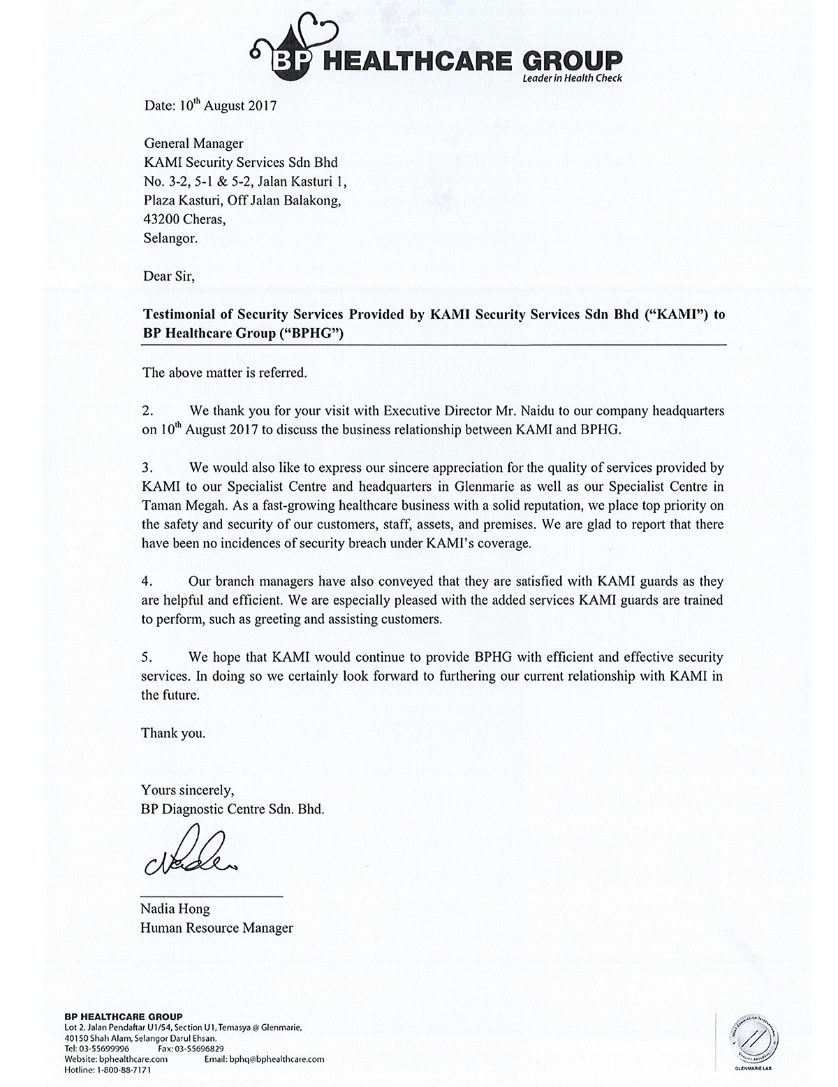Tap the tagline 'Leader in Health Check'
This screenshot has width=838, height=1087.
pos(572,78)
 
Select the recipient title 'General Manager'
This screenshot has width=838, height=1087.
pos(193,144)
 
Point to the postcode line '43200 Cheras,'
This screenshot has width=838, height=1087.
pos(184,219)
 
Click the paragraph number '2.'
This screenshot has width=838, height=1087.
pos(147,411)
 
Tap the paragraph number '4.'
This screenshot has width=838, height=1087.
pos(147,581)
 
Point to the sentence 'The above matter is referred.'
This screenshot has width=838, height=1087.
pos(224,372)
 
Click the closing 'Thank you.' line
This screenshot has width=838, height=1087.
pos(173,733)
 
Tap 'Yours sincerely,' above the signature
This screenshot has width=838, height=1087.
pos(187,790)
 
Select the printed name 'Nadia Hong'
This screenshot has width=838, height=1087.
pos(175,909)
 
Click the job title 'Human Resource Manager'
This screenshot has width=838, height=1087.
pos(216,928)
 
